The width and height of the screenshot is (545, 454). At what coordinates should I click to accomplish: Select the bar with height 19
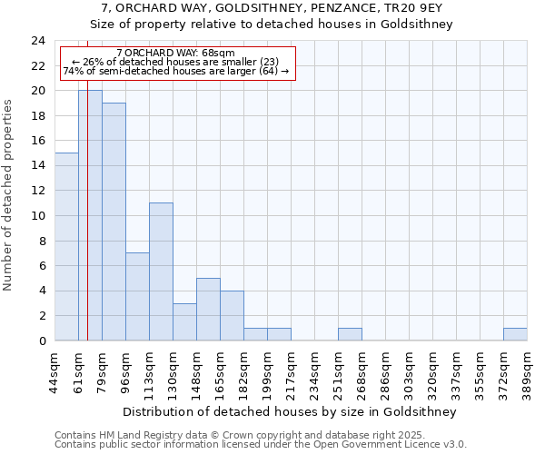[x=114, y=222]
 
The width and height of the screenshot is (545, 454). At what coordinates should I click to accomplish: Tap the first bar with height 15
[x=66, y=246]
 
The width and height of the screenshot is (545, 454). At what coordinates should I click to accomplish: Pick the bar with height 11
[x=161, y=271]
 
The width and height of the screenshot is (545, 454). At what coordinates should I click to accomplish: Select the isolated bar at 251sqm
[x=350, y=334]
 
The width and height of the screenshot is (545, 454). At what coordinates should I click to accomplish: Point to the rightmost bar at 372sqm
[x=515, y=334]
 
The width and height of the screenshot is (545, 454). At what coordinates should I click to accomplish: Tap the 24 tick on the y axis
[x=38, y=41]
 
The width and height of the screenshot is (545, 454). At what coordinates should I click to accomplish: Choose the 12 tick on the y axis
[x=38, y=191]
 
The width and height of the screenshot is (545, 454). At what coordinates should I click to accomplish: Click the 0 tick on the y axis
[x=42, y=340]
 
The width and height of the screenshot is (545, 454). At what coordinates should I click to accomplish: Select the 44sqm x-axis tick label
[x=54, y=370]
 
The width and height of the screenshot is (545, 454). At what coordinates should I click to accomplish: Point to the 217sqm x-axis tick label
[x=291, y=370]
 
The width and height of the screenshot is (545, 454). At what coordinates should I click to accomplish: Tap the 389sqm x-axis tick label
[x=527, y=370]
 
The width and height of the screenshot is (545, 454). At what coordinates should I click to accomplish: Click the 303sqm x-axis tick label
[x=409, y=370]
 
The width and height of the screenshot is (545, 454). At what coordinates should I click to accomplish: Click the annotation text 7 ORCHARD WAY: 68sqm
[x=176, y=54]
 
